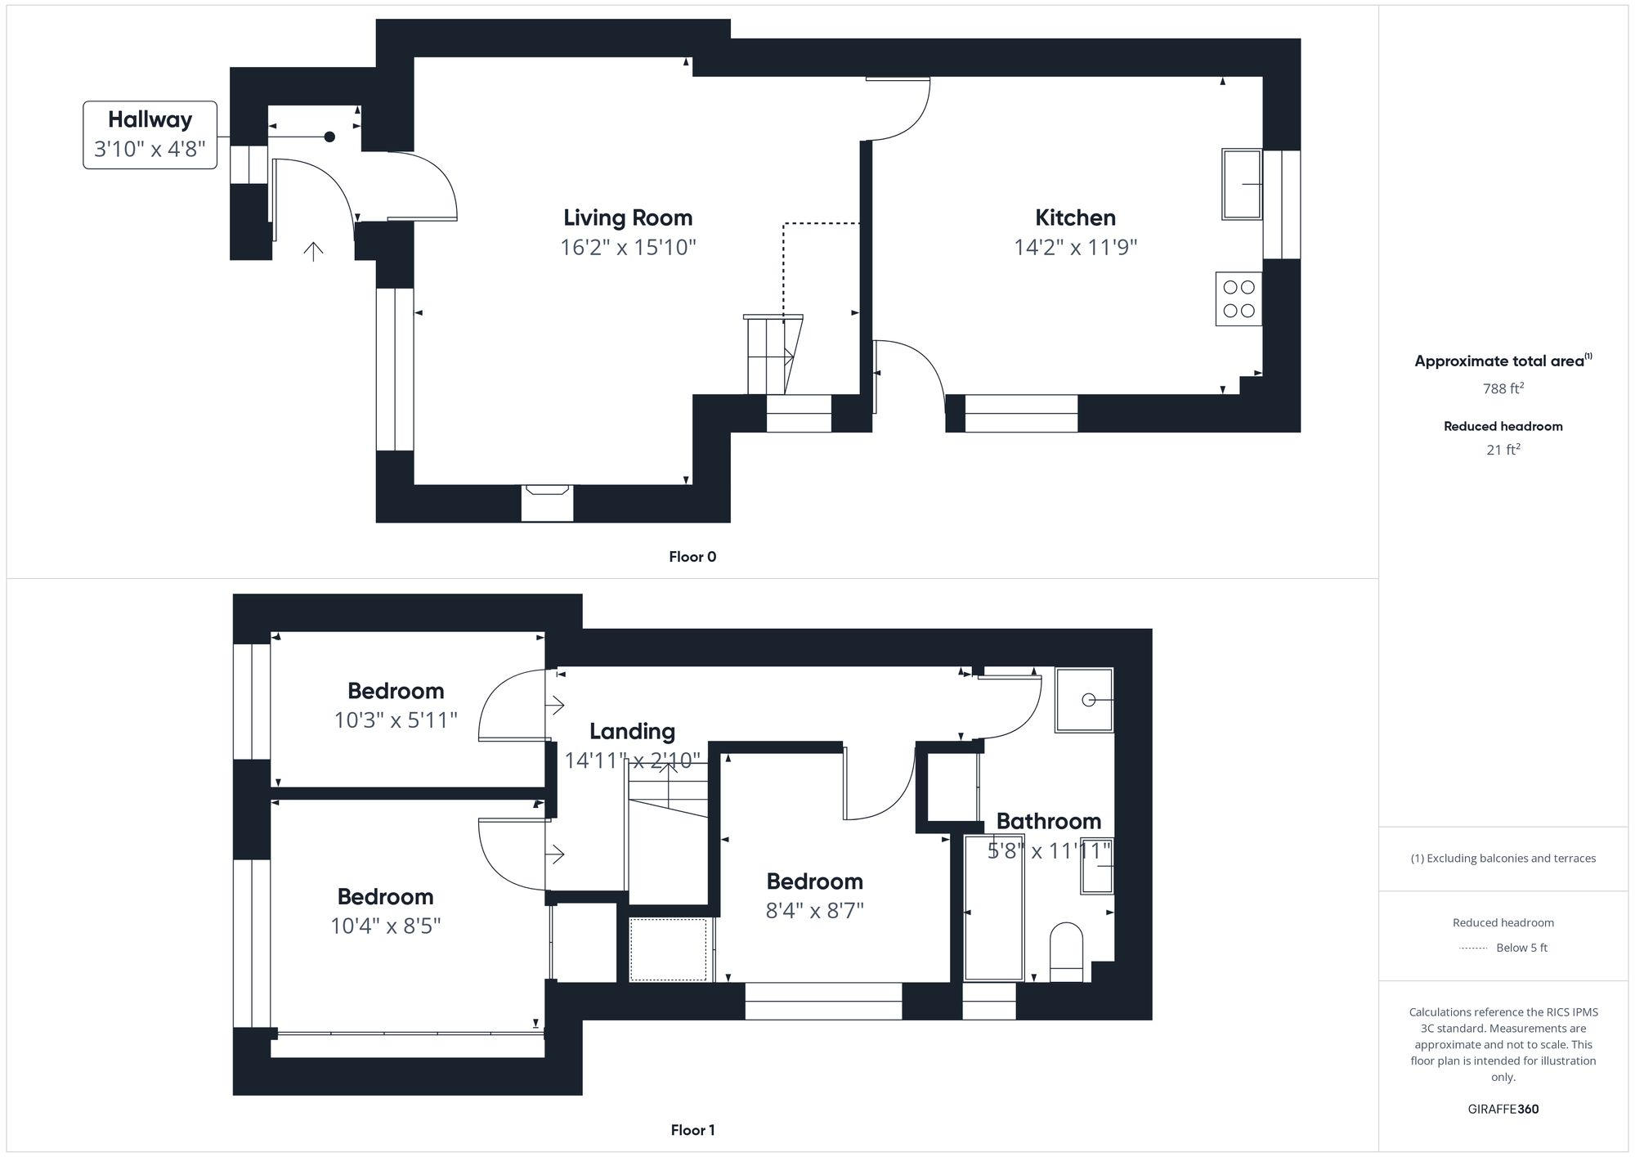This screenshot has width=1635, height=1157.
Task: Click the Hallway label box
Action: [x=150, y=135]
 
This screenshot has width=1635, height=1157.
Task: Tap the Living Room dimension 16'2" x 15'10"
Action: [x=628, y=247]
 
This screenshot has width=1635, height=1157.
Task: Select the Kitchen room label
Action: [x=1075, y=217]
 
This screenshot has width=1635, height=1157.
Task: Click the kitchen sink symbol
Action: [x=1242, y=184]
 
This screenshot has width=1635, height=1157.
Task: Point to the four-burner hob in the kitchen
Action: [x=1239, y=299]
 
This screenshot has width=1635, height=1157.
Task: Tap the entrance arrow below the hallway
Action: [x=313, y=250]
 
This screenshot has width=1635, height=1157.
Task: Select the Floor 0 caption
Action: [x=692, y=557]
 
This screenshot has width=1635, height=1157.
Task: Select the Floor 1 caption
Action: [x=692, y=1130]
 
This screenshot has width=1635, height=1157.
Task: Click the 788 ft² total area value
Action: [x=1503, y=388]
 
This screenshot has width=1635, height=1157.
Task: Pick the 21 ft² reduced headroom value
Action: [x=1503, y=450]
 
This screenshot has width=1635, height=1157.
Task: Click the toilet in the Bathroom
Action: [x=1066, y=952]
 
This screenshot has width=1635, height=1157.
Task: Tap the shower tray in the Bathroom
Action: [x=1084, y=700]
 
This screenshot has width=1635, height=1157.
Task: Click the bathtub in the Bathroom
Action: [x=994, y=907]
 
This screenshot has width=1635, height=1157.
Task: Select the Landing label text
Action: [x=632, y=731]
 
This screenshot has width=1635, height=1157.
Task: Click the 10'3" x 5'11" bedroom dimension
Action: [x=396, y=720]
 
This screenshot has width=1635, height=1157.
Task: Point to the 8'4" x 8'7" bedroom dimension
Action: [x=814, y=911]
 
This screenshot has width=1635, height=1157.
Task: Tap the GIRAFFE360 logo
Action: [x=1503, y=1110]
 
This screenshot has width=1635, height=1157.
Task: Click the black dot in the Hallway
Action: [x=329, y=137]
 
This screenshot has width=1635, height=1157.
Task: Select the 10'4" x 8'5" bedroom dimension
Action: [x=385, y=926]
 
